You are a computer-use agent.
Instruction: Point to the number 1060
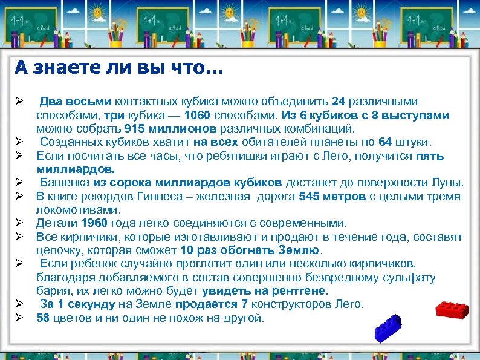click(x=199, y=115)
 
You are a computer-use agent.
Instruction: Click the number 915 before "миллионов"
click(x=137, y=128)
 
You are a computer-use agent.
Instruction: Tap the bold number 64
click(x=385, y=142)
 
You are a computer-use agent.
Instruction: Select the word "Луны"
click(x=448, y=183)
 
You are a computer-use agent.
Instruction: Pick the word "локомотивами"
click(x=79, y=209)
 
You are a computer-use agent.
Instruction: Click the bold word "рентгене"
click(x=297, y=290)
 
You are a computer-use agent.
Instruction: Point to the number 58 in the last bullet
click(x=43, y=318)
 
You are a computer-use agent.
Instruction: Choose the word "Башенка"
click(x=64, y=183)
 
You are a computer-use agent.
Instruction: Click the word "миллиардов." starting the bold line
click(x=76, y=169)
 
